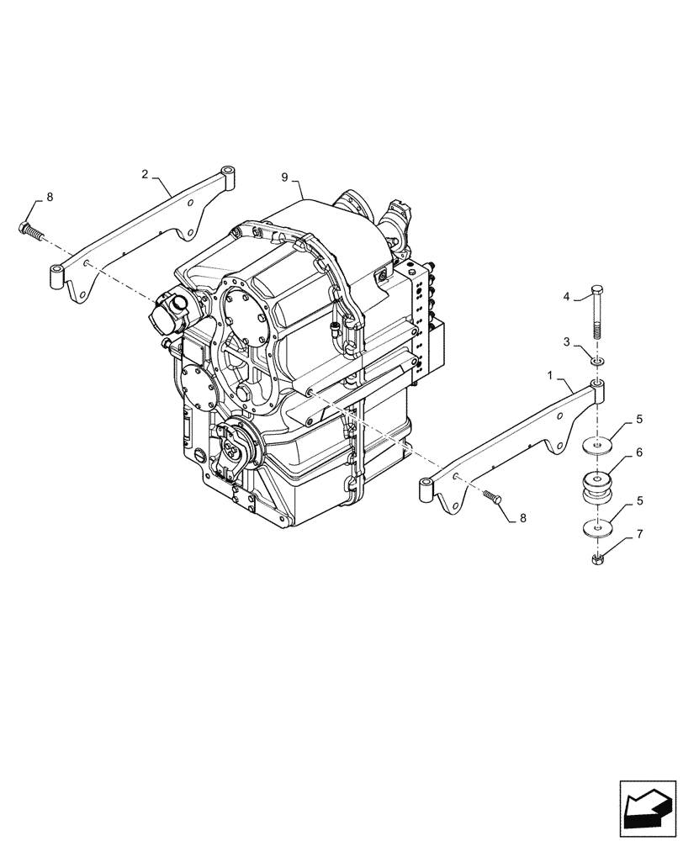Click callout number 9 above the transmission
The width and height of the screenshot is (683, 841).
[x=284, y=177]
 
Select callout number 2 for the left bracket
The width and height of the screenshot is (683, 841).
[x=145, y=174]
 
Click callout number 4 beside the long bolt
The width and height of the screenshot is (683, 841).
[x=566, y=296]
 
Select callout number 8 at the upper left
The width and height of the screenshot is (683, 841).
[x=49, y=197]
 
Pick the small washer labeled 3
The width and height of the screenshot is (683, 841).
[x=596, y=361]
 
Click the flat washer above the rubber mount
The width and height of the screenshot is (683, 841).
[x=596, y=447]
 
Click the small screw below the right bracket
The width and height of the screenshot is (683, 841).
[x=493, y=498]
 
